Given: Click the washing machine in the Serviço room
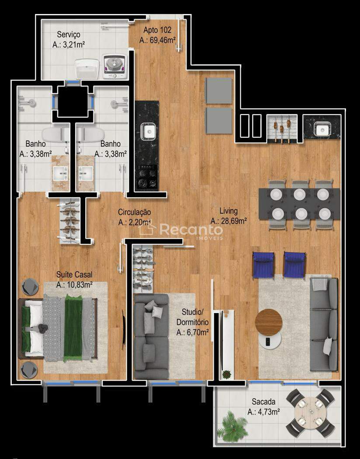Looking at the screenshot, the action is pos(114,66).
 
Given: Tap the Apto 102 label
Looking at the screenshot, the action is pos(157,30).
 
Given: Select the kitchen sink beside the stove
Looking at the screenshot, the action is pos(148,131).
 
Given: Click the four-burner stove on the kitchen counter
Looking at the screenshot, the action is pos(147,177).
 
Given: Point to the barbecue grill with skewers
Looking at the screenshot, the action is pos(282,128).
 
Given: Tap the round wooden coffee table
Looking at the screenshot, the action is pos(268,322).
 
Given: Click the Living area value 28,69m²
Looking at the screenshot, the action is pos(228,221).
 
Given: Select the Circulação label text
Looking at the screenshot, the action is pos(134,212).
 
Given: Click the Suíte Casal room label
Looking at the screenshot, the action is pos(74,275).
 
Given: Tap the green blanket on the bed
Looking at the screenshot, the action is pos(73,328).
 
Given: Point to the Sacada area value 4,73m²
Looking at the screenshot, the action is pos(264,412).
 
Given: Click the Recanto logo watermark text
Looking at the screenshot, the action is pos(191,230).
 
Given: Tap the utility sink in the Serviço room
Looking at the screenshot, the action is pos(87,69).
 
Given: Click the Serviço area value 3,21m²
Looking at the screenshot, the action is pos(69,45).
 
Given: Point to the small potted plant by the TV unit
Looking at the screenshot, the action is pos(226,374).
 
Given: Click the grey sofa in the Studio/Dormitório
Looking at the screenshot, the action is pos(151,337).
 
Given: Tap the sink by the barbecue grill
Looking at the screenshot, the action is pos(322,129).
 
